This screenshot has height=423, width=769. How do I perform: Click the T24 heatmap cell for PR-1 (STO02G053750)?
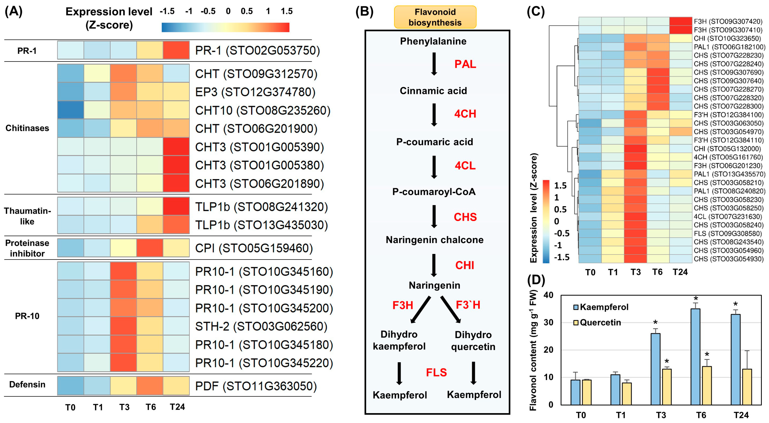[176, 50]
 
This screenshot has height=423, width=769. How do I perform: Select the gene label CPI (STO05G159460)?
[254, 248]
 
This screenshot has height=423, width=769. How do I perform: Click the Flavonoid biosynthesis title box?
[435, 17]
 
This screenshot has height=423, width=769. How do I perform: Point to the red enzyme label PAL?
[465, 64]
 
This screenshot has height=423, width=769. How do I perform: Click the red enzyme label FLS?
[436, 372]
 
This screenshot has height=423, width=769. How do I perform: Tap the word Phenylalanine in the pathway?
[433, 41]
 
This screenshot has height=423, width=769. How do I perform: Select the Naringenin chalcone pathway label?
[434, 240]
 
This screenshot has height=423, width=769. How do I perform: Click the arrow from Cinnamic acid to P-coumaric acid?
[434, 114]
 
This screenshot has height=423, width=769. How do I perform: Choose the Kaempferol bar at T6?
[695, 357]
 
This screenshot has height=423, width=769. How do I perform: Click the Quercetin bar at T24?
[747, 387]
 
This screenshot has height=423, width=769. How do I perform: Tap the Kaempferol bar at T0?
[575, 392]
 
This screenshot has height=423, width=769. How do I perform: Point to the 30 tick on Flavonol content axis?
[548, 322]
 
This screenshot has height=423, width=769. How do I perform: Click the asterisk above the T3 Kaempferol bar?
[655, 323]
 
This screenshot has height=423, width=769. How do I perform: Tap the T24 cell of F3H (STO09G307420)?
[680, 21]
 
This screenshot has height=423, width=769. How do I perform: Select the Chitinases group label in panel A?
[27, 128]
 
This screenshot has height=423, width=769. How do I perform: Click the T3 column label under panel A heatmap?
[124, 407]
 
